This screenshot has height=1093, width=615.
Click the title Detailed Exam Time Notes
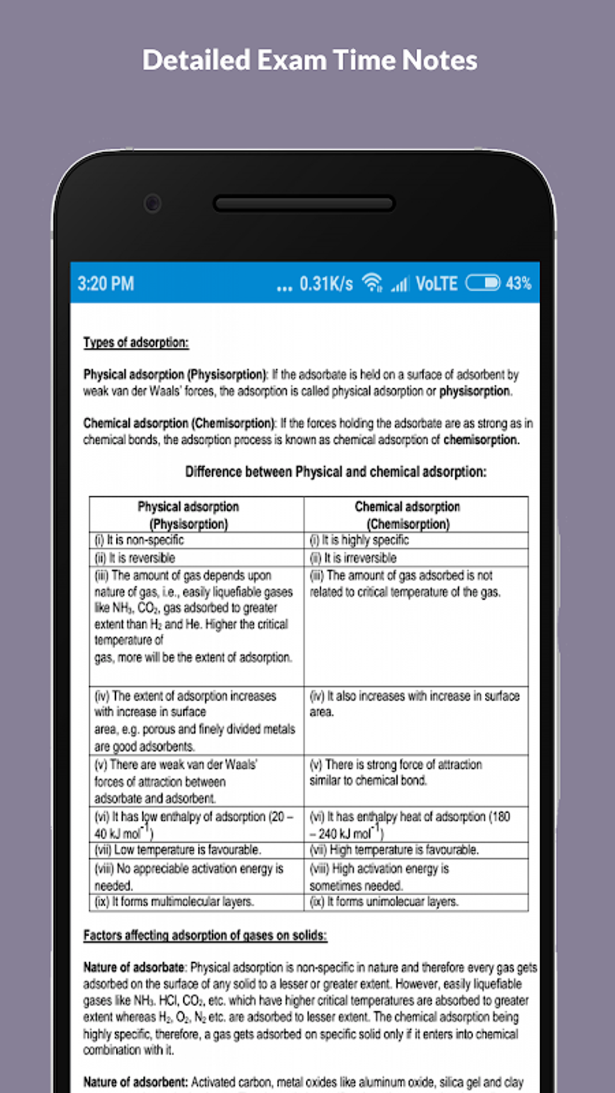(x=309, y=60)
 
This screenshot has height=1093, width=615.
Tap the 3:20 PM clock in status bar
(x=106, y=283)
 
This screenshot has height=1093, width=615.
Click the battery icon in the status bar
(x=482, y=283)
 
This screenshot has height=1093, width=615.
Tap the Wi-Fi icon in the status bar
(x=372, y=283)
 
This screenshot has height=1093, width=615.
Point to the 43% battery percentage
(x=519, y=283)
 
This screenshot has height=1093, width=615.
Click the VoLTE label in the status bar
(x=437, y=283)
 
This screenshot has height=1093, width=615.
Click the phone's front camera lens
(x=153, y=203)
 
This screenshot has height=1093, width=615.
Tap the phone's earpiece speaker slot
(x=304, y=204)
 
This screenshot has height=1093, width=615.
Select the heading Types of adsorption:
(x=136, y=342)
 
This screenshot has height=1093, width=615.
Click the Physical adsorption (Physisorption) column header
(x=188, y=515)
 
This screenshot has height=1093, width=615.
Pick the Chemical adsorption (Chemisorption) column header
(x=408, y=515)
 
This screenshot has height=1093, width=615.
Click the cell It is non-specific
(x=139, y=540)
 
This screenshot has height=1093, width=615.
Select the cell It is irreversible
(x=353, y=558)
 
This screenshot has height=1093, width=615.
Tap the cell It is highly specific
(x=359, y=540)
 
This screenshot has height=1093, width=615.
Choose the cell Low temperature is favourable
(x=178, y=850)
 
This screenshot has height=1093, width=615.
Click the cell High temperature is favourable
(x=394, y=850)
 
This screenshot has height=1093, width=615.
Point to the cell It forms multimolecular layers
(x=174, y=902)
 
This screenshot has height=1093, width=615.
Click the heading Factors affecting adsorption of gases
(x=205, y=935)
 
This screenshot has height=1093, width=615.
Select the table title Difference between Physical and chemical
(x=335, y=471)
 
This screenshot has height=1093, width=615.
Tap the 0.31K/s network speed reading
(x=326, y=283)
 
